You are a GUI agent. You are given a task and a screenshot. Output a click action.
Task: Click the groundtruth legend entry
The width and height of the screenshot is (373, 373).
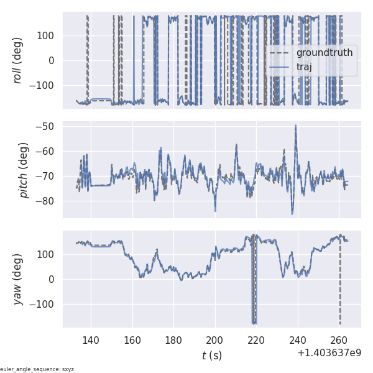pyautogui.click(x=324, y=53)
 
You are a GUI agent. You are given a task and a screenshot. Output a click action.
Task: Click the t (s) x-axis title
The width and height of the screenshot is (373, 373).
pyautogui.click(x=211, y=356)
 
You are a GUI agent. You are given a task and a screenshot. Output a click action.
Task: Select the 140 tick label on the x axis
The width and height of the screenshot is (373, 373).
pyautogui.click(x=91, y=340)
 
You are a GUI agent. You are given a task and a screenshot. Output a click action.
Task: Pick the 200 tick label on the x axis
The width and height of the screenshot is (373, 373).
pyautogui.click(x=215, y=340)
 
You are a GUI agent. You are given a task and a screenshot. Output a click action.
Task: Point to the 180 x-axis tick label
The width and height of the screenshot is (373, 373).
pyautogui.click(x=173, y=340)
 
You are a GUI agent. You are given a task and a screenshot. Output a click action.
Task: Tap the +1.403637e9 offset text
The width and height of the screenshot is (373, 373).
pyautogui.click(x=329, y=353)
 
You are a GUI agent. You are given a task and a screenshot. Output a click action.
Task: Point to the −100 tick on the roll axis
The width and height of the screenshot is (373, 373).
pyautogui.click(x=45, y=85)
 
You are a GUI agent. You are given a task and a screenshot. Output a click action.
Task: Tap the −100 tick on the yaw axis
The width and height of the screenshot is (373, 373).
pyautogui.click(x=45, y=304)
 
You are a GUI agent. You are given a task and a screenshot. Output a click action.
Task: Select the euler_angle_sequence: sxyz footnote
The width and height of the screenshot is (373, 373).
pyautogui.click(x=37, y=369)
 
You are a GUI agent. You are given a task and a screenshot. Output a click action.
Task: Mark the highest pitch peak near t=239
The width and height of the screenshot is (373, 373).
pyautogui.click(x=296, y=126)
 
